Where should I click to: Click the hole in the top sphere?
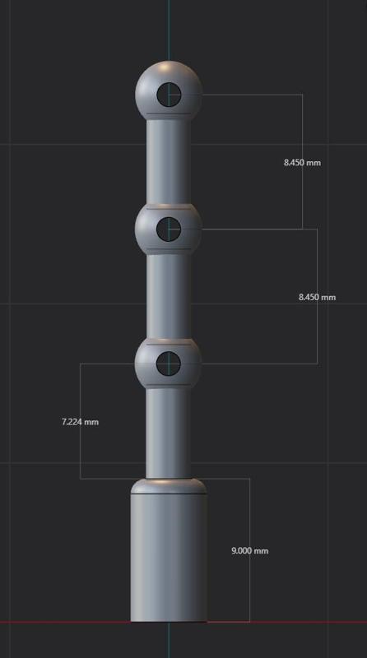169,95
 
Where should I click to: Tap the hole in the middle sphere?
169,229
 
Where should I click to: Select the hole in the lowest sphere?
169,362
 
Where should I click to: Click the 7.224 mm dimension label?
80,422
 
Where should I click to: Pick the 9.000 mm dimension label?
249,550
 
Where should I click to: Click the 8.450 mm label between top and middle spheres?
302,162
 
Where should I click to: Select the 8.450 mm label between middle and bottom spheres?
317,297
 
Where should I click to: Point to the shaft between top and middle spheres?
169,160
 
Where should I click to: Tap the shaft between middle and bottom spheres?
169,296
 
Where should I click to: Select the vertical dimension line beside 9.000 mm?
249,510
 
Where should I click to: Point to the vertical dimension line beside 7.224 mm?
80,387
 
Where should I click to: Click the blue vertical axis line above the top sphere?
169,29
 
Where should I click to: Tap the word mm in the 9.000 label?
261,550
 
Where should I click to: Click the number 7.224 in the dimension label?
72,422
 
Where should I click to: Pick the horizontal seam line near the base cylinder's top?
169,494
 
